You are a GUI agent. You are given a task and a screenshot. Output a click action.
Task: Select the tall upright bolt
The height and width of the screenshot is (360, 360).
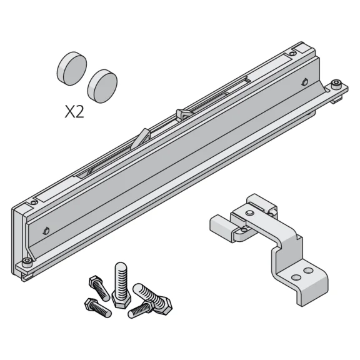pyautogui.click(x=121, y=284)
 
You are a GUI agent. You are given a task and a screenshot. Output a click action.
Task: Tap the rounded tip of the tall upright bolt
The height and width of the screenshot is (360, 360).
pyautogui.click(x=121, y=267)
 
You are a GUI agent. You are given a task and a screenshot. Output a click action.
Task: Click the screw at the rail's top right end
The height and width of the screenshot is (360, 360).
pyautogui.click(x=336, y=84)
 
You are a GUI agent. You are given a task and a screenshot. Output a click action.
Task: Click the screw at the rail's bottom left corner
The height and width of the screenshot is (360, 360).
pyautogui.click(x=26, y=261)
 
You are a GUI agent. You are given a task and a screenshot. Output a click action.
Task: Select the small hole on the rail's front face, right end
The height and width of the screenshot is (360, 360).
pyautogui.click(x=303, y=81)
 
